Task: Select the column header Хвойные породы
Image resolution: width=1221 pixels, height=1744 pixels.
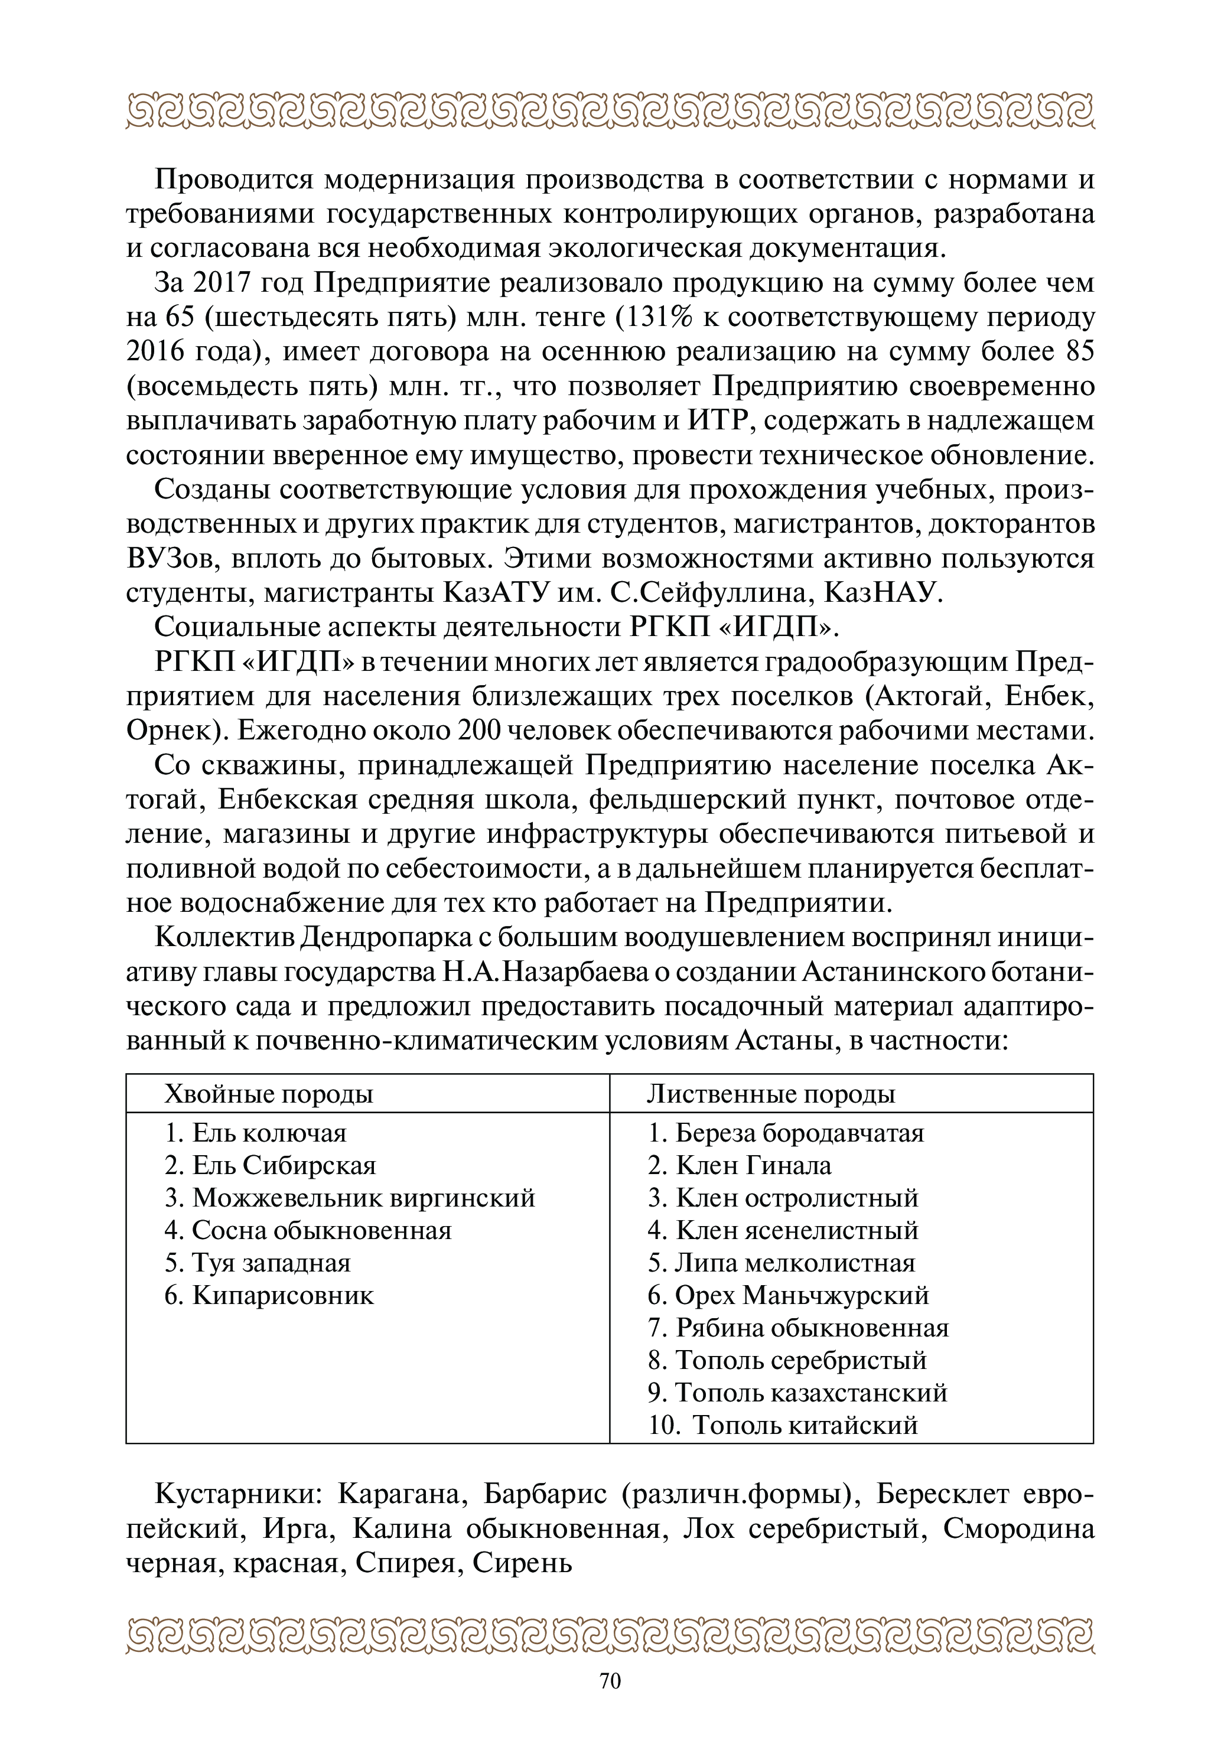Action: (268, 1094)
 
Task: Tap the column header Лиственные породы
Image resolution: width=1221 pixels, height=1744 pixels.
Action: (770, 1094)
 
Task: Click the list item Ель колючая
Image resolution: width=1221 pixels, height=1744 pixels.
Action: (255, 1133)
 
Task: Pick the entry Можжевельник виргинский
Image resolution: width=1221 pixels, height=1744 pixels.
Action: (350, 1198)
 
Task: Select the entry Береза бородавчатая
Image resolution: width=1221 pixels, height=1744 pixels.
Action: (786, 1133)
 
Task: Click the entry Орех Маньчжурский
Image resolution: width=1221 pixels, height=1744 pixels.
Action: (788, 1295)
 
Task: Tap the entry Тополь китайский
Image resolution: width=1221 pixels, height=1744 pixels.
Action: (783, 1425)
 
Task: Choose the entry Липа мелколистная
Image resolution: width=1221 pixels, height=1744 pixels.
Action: (781, 1263)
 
